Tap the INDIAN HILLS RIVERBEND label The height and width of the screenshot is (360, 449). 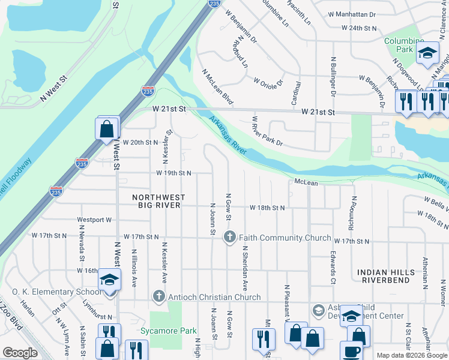386,277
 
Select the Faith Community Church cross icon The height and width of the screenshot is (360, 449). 229,238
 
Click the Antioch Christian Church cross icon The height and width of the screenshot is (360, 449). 158,296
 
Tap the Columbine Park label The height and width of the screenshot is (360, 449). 399,45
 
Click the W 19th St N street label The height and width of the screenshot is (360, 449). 173,173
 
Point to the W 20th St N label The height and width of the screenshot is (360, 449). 139,142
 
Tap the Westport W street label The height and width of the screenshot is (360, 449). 94,220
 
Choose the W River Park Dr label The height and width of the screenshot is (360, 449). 267,132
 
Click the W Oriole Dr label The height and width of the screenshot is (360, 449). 268,80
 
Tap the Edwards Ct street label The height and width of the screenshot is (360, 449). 332,268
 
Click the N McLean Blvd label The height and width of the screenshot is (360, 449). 217,86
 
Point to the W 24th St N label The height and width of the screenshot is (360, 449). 359,28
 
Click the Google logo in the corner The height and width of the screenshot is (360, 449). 20,353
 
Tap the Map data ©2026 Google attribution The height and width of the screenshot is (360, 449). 412,355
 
